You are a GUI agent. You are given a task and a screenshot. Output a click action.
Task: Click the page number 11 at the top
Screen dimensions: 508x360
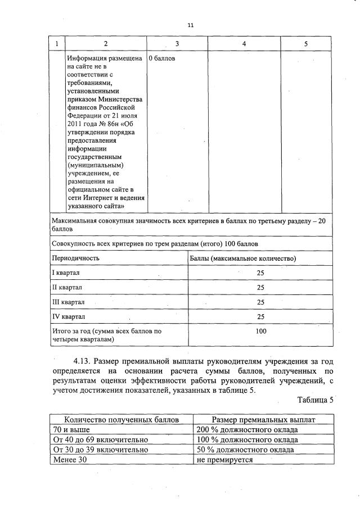coord(191,25)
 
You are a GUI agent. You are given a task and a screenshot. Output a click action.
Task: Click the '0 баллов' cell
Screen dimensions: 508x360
coord(162,58)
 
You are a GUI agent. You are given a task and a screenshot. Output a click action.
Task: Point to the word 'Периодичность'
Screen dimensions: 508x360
coord(76,258)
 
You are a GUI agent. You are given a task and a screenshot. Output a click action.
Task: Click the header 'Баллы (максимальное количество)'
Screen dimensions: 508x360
coord(242,258)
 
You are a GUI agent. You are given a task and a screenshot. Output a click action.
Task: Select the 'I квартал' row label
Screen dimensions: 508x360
coord(66,273)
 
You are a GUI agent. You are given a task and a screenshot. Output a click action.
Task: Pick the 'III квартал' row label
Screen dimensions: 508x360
coord(68,302)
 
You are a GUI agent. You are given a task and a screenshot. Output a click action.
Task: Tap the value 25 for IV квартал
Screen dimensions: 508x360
coord(260,316)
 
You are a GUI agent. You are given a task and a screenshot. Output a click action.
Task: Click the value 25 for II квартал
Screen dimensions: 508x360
coord(260,287)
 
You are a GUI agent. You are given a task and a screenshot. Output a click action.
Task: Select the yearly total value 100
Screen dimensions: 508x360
coord(260,332)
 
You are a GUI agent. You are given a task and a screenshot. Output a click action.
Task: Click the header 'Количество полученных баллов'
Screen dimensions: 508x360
coord(121,420)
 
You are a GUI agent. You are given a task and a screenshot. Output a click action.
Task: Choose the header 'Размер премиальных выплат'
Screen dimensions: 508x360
coord(263,420)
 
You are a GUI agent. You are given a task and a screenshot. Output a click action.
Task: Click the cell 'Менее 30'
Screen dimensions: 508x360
coord(69,459)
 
